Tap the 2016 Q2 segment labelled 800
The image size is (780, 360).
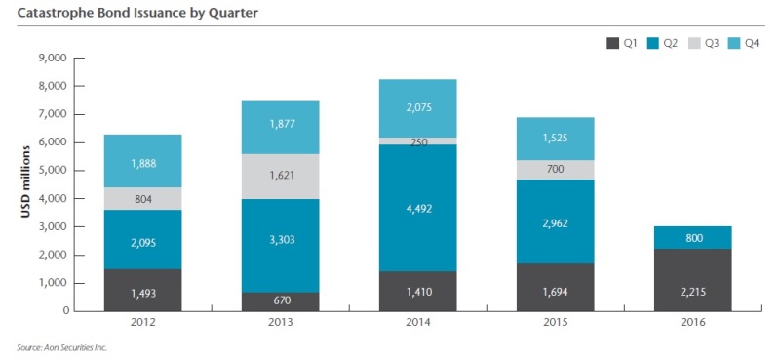click(693, 238)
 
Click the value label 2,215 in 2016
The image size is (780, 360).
click(693, 289)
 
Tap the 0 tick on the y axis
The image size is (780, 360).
click(60, 311)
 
